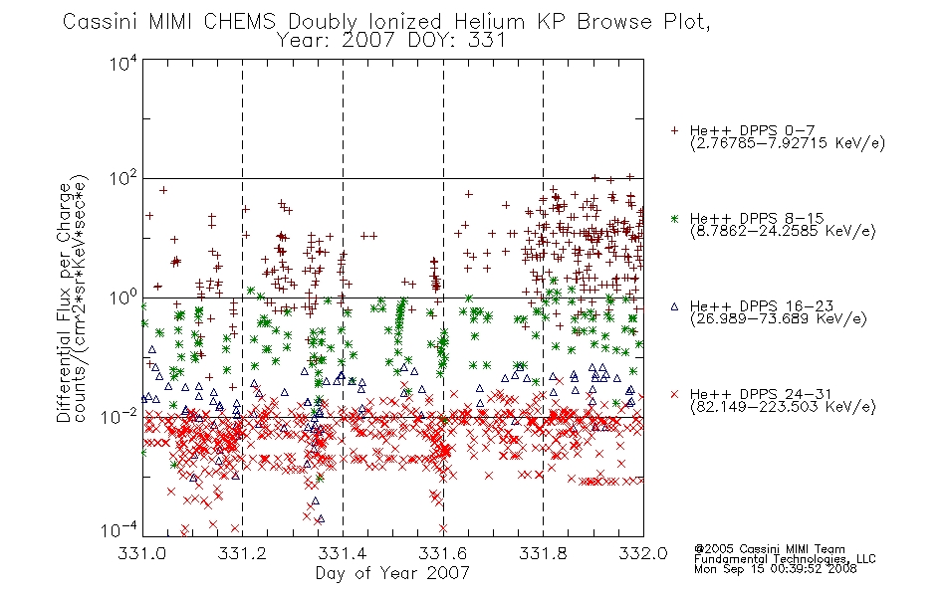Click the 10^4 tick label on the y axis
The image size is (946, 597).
tap(123, 63)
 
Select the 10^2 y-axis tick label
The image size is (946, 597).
tap(123, 178)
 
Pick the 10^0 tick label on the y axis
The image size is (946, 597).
tap(123, 298)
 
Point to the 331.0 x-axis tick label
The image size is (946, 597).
tap(142, 553)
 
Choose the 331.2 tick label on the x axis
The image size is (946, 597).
tap(243, 553)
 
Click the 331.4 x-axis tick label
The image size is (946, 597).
tap(343, 553)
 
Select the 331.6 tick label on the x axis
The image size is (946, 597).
tap(443, 553)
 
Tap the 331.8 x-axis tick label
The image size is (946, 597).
tap(543, 553)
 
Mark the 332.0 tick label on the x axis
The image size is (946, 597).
tap(643, 553)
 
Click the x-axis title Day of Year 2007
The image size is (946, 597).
tap(392, 573)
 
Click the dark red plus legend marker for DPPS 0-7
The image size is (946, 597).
tap(674, 130)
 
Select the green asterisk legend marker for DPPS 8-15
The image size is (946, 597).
tap(674, 218)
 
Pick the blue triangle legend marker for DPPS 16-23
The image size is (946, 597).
tap(674, 306)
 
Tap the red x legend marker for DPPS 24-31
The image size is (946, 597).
tap(674, 394)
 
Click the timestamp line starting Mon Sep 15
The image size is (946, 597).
tap(776, 569)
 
